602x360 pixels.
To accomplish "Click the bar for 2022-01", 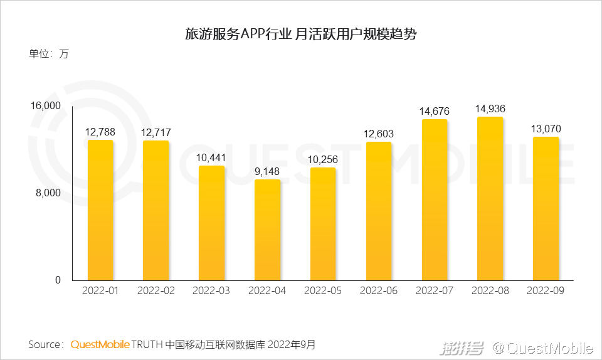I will (100, 210).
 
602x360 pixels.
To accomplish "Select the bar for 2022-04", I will (268, 230).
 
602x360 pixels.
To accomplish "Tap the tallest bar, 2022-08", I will (490, 198).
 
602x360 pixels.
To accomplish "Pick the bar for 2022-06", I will (379, 211).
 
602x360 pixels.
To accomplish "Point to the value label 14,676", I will (435, 112).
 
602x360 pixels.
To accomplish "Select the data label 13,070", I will (546, 129).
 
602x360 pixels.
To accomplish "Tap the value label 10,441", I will (212, 158).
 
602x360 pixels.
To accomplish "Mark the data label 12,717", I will (156, 133).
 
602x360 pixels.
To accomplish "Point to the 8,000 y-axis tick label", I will (48, 193).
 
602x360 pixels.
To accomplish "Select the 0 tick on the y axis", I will (58, 280).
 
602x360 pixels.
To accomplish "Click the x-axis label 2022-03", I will (212, 291).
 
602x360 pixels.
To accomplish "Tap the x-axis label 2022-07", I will (435, 291).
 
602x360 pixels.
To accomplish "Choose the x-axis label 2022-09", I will (546, 291).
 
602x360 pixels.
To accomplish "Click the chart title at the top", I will (301, 34).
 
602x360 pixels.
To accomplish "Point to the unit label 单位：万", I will (49, 54).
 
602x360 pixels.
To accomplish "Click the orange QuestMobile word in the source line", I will (100, 344).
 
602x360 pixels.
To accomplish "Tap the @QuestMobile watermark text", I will (542, 347).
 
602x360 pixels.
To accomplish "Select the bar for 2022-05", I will (323, 224).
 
